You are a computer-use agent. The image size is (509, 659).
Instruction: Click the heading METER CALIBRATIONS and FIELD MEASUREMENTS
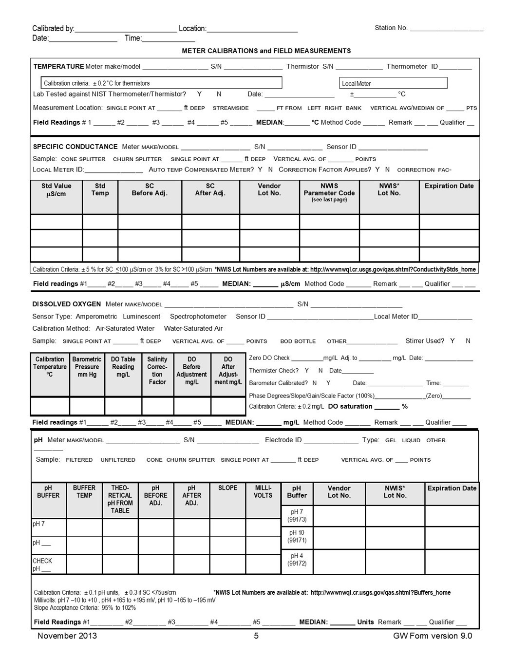click(266, 51)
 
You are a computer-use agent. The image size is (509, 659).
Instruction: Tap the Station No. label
click(391, 28)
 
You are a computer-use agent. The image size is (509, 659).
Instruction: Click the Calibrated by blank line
click(126, 29)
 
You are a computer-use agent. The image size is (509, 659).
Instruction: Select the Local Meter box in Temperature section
click(393, 83)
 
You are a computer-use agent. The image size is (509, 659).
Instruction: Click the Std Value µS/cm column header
click(56, 190)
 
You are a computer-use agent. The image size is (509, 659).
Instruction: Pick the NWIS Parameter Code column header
click(329, 192)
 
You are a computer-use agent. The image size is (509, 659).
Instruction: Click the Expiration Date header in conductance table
click(449, 186)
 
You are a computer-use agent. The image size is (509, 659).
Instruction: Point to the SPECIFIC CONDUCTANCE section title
click(75, 147)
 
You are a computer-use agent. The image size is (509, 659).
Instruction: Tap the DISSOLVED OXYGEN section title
click(67, 304)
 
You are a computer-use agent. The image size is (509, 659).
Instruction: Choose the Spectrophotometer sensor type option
click(198, 317)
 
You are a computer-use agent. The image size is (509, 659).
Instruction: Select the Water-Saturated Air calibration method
click(193, 328)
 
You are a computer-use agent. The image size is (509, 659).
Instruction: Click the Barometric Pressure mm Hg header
click(87, 367)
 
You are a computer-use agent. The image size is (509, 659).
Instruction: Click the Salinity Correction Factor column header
click(157, 371)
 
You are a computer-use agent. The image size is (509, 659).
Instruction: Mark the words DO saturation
click(350, 406)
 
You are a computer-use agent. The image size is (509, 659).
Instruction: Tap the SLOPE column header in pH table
click(227, 488)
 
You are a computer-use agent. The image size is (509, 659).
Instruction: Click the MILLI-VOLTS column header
click(263, 491)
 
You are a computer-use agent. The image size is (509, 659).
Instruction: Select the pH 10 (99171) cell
click(297, 536)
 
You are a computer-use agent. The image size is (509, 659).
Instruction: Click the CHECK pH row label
click(42, 565)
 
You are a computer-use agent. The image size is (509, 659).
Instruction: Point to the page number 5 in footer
click(256, 636)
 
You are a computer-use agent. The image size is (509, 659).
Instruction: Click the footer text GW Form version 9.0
click(433, 636)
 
